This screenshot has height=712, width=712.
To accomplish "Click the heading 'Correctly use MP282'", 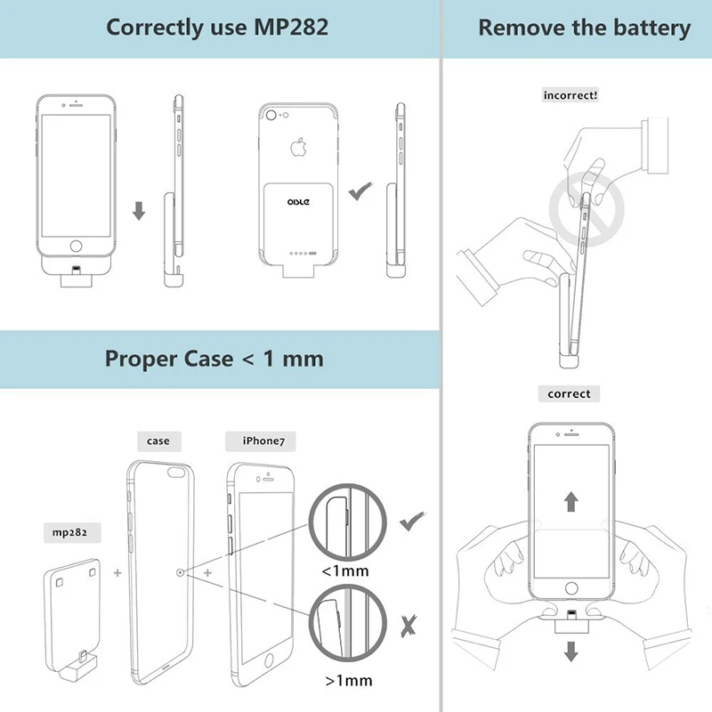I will (x=217, y=27).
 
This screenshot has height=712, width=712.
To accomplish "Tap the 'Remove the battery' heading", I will (x=584, y=27).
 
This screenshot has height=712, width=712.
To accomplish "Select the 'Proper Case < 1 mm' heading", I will (x=214, y=359).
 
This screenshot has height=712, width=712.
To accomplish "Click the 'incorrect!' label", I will (x=570, y=94).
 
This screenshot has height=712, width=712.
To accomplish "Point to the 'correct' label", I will (x=569, y=393).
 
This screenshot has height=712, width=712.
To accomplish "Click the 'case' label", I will (x=158, y=441).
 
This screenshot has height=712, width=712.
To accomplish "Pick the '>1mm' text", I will (x=348, y=682).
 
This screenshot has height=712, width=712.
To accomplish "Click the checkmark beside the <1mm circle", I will (x=410, y=522).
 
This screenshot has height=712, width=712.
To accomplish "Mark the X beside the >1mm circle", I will (x=409, y=626).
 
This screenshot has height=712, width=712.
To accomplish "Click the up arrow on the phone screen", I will (x=570, y=500).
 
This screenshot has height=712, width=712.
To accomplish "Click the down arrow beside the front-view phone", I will (x=138, y=212).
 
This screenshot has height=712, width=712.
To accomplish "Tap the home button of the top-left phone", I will (x=77, y=246).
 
